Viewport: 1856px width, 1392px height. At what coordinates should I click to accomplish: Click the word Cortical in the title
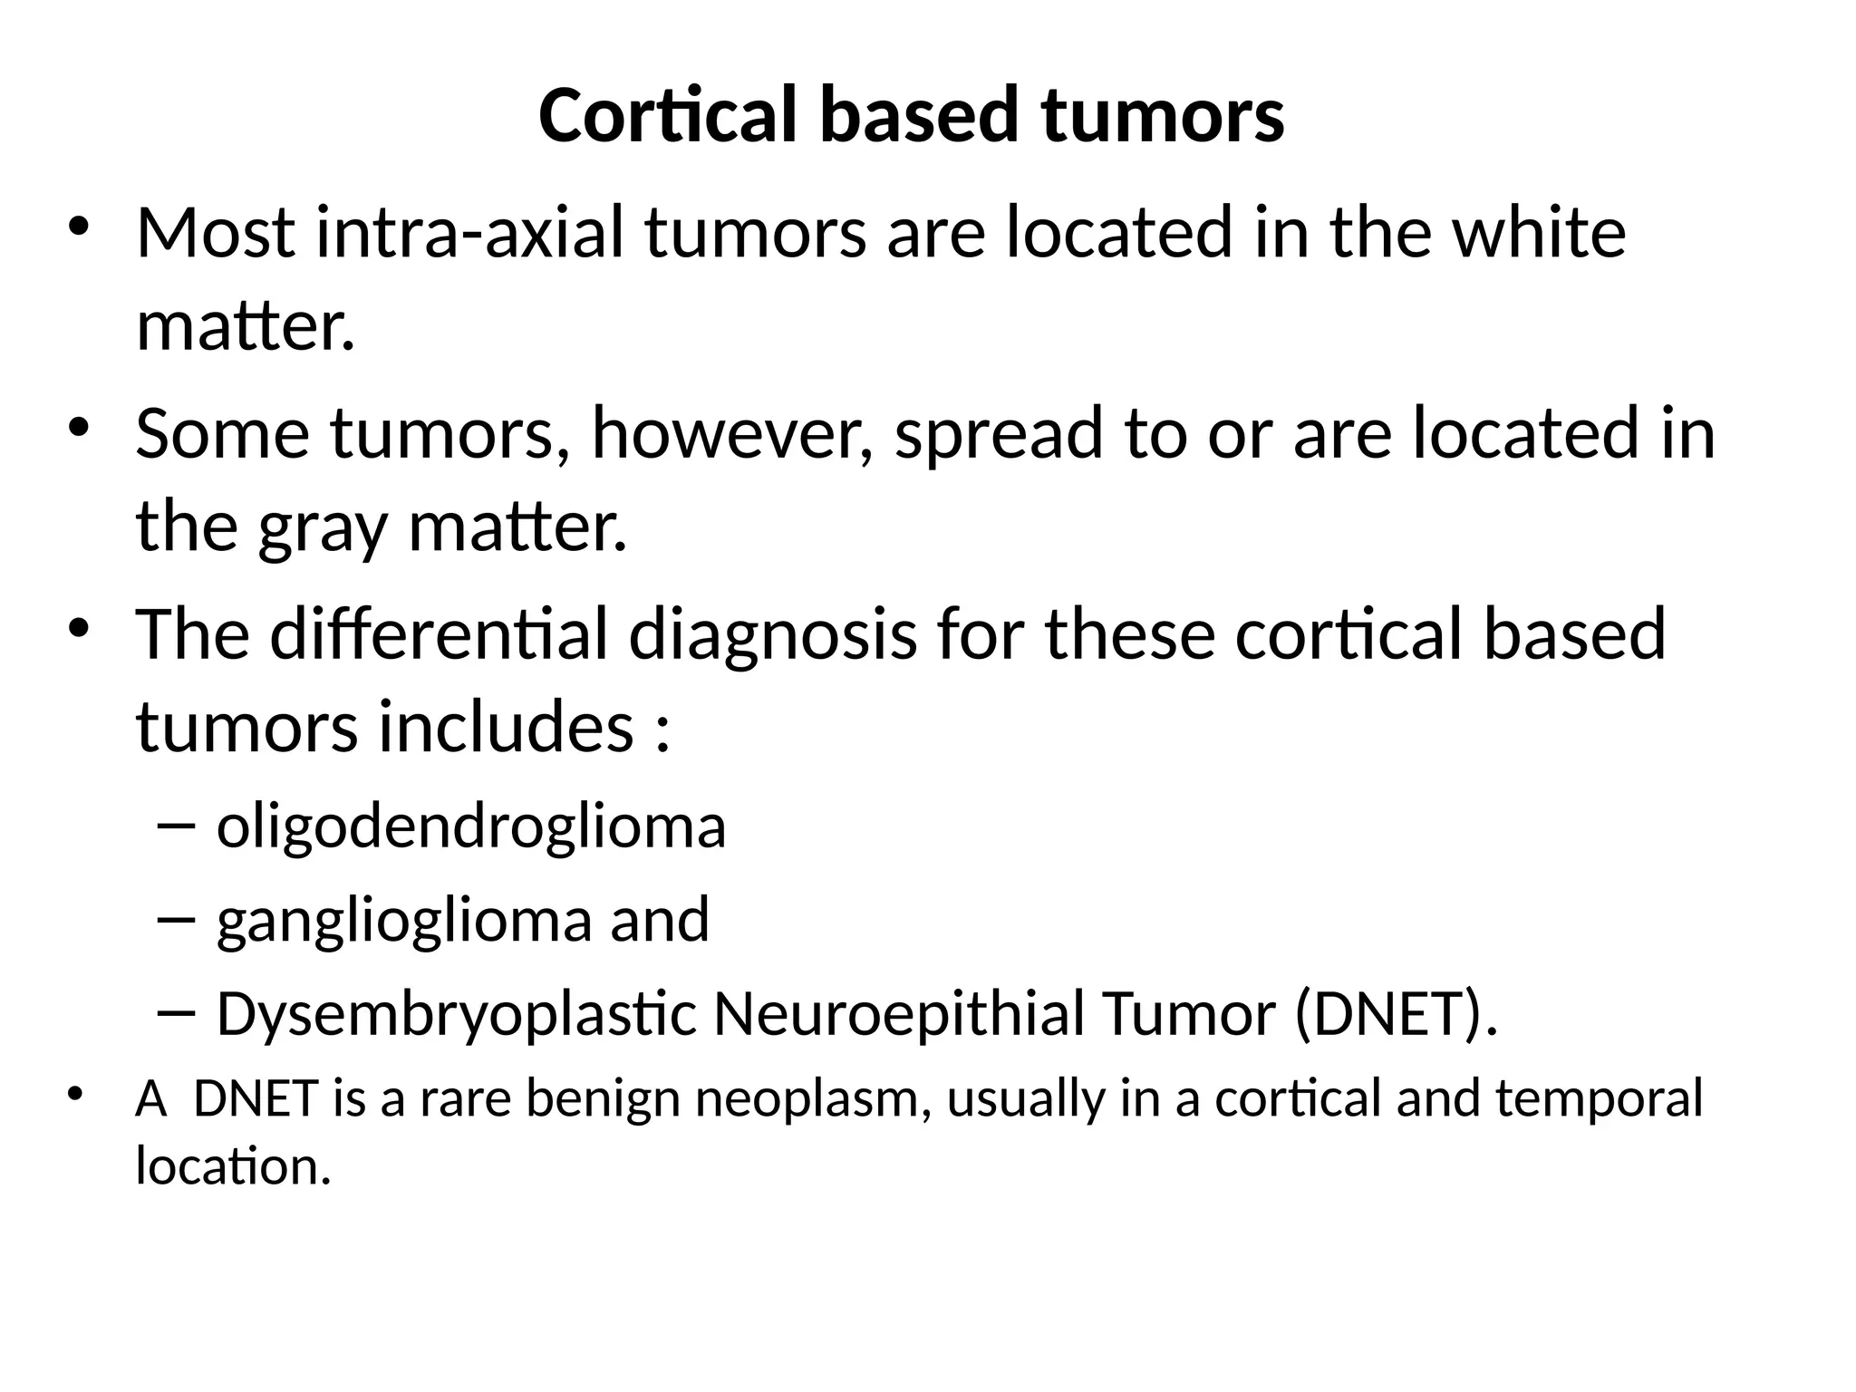pyautogui.click(x=668, y=115)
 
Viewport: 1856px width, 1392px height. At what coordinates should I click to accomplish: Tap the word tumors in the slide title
pyautogui.click(x=1163, y=115)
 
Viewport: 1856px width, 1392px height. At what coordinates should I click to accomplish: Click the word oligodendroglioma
pyautogui.click(x=471, y=827)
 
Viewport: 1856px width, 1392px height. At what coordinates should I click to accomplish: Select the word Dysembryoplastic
pyautogui.click(x=457, y=1015)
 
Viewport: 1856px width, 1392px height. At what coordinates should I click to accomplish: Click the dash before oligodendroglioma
pyautogui.click(x=175, y=825)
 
